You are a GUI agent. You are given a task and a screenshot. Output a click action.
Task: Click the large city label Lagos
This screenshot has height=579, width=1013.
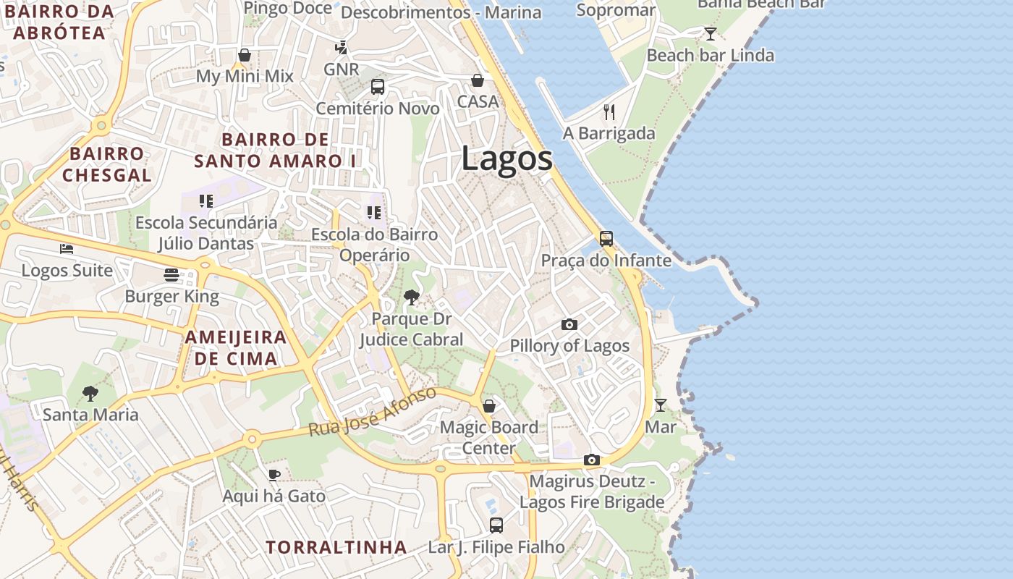[x=506, y=159]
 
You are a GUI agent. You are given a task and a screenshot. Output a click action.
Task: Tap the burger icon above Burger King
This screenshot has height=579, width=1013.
[x=171, y=275]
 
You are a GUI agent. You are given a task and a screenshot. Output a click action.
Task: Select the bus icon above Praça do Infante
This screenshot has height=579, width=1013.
[x=606, y=238]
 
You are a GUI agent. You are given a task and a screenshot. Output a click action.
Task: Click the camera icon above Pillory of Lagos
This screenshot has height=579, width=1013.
[x=569, y=324]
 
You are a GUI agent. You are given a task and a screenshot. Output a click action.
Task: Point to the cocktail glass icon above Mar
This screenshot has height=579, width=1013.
[x=660, y=405]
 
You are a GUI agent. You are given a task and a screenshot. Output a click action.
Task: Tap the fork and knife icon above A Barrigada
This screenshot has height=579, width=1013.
[x=609, y=111]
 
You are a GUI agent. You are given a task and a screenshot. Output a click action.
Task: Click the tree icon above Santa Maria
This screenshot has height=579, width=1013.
[x=90, y=393]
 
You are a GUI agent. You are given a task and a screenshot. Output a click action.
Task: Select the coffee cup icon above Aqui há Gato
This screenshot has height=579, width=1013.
[x=274, y=475]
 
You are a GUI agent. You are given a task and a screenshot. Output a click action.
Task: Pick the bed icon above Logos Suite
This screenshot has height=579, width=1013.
[x=67, y=249]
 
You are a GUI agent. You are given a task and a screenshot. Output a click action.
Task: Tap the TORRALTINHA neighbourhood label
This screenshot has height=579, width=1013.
[x=336, y=547]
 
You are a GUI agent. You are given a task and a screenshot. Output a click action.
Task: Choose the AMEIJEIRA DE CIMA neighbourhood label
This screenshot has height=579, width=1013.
[x=236, y=347]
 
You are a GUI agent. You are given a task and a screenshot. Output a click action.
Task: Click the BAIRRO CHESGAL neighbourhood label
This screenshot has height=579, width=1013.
[x=107, y=164]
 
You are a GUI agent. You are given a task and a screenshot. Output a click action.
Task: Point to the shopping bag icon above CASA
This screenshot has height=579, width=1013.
[x=478, y=80]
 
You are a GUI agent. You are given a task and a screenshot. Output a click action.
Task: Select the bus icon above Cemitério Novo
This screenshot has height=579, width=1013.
[x=378, y=87]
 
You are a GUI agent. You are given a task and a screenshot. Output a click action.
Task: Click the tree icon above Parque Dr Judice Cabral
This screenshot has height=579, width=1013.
[x=411, y=297]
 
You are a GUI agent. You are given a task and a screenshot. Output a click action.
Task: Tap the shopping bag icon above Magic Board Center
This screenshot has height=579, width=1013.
[x=489, y=405]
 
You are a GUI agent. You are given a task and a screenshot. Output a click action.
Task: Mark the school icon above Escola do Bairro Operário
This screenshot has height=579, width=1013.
[x=373, y=212]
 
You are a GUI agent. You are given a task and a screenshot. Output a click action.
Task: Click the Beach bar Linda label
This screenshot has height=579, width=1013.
[x=710, y=55]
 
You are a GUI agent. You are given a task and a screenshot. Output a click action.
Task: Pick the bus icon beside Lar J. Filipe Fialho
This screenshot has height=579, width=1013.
[x=496, y=525]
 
